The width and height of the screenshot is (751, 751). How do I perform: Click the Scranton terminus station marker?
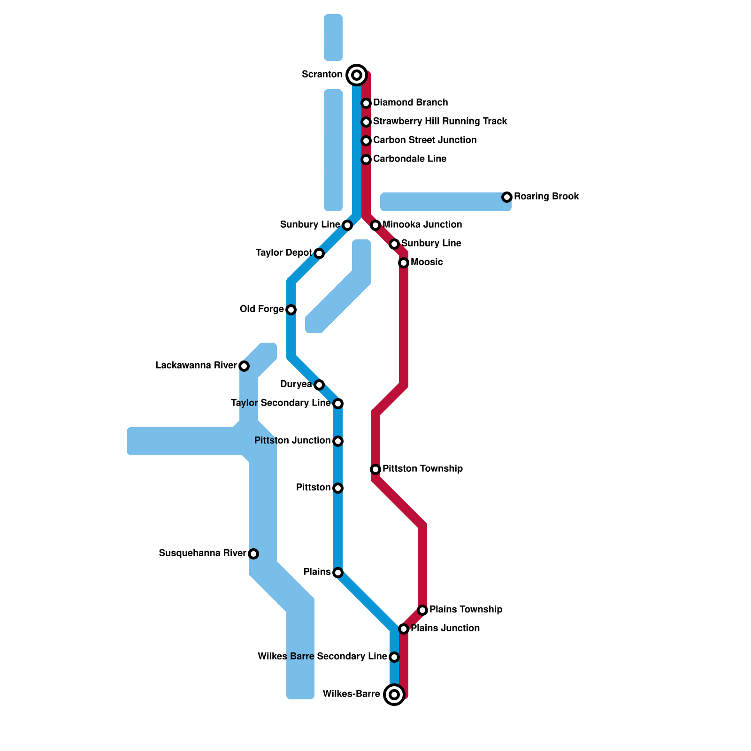[x=357, y=75]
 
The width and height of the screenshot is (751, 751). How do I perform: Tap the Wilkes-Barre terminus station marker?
[x=394, y=694]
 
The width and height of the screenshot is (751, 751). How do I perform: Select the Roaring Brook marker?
[x=507, y=197]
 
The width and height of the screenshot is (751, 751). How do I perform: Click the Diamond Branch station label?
[x=410, y=102]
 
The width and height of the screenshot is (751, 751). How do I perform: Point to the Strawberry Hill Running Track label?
[x=440, y=121]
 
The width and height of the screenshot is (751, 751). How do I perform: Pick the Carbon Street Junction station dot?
[x=366, y=141]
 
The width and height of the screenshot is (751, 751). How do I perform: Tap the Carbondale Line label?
[x=409, y=159]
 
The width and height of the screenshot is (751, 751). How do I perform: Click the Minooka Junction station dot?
[x=375, y=225]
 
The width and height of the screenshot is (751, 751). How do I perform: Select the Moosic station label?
[x=426, y=262]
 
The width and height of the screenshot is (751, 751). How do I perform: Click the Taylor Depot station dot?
[x=319, y=253]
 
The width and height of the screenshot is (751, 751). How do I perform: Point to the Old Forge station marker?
[x=291, y=310]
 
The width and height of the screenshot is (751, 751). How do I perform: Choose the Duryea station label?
[x=296, y=384]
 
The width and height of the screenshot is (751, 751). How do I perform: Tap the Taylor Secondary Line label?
[x=281, y=403]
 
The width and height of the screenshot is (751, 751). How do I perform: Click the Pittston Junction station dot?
[x=338, y=441]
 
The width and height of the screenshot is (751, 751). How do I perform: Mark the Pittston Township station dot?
[x=375, y=469]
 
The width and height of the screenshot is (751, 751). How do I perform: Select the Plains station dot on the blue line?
[x=338, y=573]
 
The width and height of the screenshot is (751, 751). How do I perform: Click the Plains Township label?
[x=466, y=609]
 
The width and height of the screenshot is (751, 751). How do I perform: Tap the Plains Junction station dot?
[x=404, y=629]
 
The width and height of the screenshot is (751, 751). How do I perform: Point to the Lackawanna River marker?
[x=244, y=366]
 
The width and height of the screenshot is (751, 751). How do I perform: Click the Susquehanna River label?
[x=202, y=553]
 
